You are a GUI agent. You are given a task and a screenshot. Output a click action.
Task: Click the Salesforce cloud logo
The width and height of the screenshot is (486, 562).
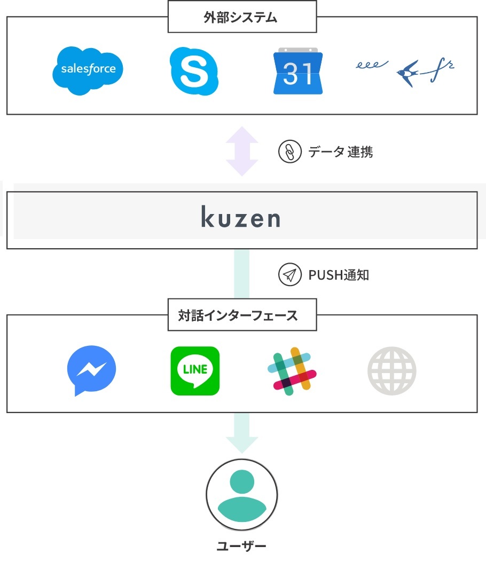coord(88,70)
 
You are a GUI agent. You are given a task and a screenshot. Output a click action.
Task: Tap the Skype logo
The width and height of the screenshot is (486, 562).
coord(194,71)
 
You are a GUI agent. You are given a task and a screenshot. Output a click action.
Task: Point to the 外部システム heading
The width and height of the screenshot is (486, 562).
coord(241,18)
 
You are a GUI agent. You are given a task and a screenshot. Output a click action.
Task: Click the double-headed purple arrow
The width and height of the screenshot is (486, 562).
coord(241,152)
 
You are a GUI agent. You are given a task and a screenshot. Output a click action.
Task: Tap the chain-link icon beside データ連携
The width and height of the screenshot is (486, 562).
coord(289,152)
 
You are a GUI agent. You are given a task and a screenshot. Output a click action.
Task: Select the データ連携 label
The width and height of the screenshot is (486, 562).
coord(340,152)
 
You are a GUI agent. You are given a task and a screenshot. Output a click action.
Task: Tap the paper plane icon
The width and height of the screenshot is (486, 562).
coord(289,275)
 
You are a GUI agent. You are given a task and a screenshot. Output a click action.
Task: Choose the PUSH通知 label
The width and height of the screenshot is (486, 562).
coord(339,275)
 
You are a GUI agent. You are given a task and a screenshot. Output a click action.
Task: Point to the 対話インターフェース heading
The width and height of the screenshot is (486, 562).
coord(241,315)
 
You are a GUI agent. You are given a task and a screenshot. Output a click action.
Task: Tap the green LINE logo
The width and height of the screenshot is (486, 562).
coord(195,371)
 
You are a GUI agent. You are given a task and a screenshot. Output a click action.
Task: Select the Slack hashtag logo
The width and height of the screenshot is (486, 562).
coord(292,371)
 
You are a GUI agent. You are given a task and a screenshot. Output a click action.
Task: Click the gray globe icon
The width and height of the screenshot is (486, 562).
coord(391,371)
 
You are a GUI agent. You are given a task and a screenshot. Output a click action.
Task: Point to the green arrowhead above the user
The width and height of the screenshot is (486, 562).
coord(241,444)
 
